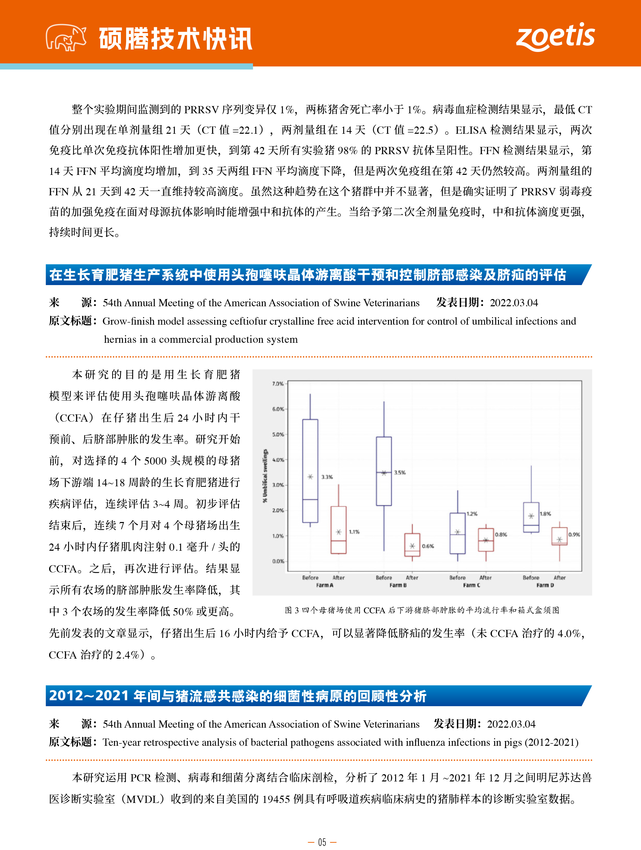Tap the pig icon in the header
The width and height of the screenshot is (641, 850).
click(66, 38)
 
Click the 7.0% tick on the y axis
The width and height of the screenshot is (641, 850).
click(277, 384)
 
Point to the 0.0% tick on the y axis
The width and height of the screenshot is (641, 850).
click(278, 561)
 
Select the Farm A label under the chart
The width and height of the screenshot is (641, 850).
click(325, 585)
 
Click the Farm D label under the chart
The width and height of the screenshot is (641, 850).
click(545, 585)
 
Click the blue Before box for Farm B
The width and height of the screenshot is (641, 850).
click(384, 471)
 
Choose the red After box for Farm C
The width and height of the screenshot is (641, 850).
click(486, 540)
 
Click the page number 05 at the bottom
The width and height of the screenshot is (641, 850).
click(322, 842)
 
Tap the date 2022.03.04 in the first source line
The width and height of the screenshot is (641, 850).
click(514, 303)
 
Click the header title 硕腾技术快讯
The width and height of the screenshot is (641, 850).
click(175, 39)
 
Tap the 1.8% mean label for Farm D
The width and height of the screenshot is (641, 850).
click(545, 514)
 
